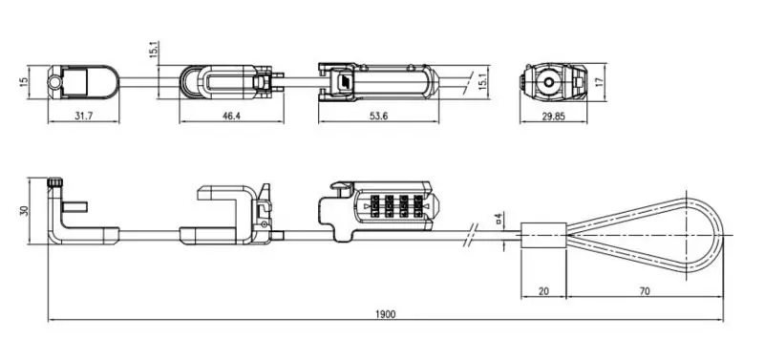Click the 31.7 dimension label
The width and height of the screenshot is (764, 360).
(84, 116)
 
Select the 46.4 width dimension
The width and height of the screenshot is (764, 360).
(231, 116)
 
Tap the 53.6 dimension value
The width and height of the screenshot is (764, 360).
(378, 116)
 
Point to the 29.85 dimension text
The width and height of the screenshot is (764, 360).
(554, 116)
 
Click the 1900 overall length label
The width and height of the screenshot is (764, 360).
(386, 314)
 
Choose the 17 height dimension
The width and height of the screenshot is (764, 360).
(600, 82)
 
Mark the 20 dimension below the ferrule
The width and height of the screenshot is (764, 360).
(543, 291)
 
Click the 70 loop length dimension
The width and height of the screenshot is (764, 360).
(644, 291)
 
